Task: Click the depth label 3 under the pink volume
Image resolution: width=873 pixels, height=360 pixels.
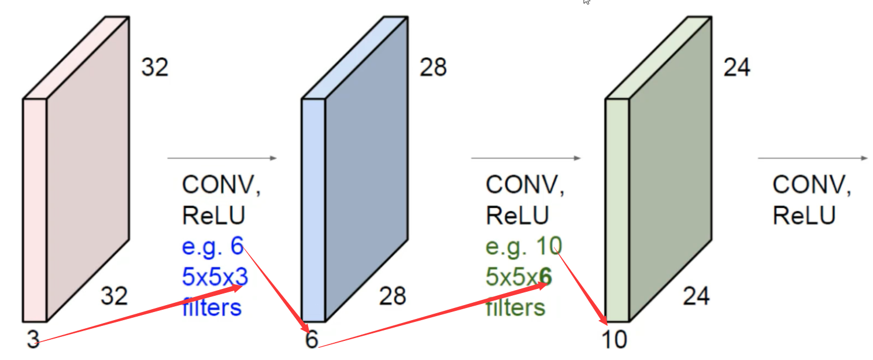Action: (x=33, y=340)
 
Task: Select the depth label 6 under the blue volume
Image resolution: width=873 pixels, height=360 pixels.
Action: (x=312, y=340)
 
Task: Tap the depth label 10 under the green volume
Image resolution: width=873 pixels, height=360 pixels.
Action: (x=613, y=340)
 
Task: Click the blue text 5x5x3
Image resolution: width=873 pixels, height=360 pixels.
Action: (x=214, y=278)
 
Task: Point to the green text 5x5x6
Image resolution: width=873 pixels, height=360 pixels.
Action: (x=519, y=278)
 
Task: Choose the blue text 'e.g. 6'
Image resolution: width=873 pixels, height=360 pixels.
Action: (x=212, y=247)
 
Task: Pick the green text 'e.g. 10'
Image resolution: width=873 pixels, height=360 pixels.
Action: (x=523, y=247)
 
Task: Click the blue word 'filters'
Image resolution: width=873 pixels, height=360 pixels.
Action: (x=212, y=307)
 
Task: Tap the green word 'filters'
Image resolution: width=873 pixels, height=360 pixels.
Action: (x=515, y=307)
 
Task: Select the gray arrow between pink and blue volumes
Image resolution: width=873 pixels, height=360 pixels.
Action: (x=222, y=158)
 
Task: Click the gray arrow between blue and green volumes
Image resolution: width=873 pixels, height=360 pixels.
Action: (x=526, y=158)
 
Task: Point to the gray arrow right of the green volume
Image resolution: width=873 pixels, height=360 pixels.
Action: (x=813, y=158)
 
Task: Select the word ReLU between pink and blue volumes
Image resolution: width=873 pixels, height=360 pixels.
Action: (x=214, y=216)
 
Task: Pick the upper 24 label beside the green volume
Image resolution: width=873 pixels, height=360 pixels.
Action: (x=737, y=68)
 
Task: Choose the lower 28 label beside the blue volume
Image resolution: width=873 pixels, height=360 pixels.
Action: (x=393, y=296)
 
